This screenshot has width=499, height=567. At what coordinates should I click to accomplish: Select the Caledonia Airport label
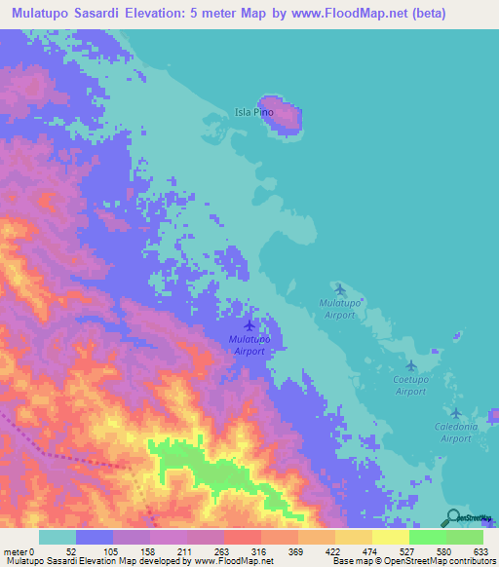coord(456,433)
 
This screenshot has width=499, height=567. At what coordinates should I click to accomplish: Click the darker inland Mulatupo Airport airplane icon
coord(249,324)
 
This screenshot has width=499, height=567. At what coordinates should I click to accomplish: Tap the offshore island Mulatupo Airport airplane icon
coord(339,288)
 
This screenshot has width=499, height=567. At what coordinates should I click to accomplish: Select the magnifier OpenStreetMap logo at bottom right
coord(453,517)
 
